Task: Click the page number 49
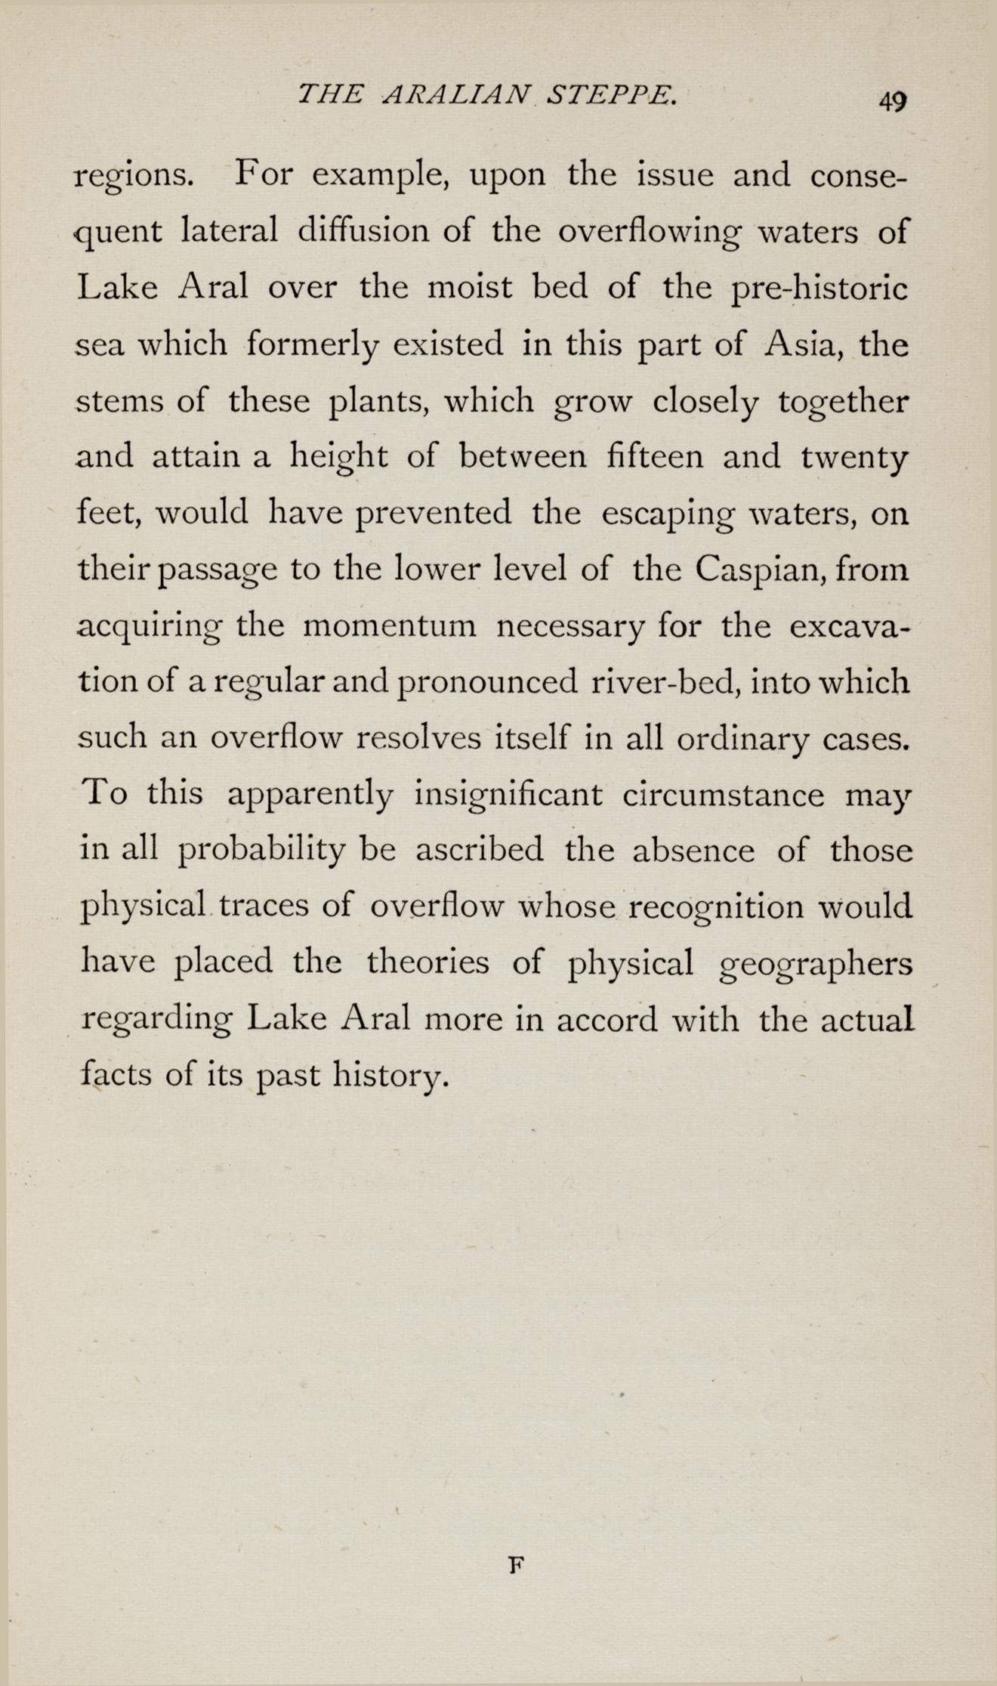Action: pyautogui.click(x=891, y=100)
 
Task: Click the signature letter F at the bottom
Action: pyautogui.click(x=516, y=1564)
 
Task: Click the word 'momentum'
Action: pyautogui.click(x=389, y=627)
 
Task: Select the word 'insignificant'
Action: pyautogui.click(x=508, y=795)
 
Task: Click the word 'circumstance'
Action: pyautogui.click(x=724, y=795)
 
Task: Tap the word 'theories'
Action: pyautogui.click(x=428, y=963)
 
